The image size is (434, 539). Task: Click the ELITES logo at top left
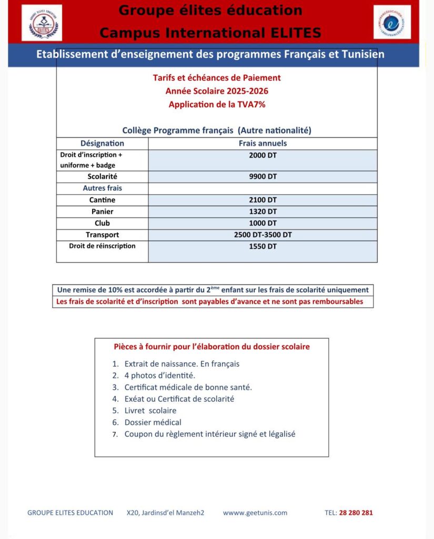[x=42, y=23]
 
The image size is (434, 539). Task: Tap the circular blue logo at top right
[x=392, y=22]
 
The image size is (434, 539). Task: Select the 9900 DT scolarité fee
[x=263, y=177]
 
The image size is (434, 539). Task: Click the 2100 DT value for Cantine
[x=263, y=200]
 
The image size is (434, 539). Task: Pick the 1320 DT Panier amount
[x=263, y=212]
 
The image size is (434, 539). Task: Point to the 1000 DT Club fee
[x=263, y=223]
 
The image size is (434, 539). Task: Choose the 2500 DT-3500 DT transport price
[x=263, y=235]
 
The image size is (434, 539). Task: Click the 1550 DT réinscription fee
[x=263, y=246]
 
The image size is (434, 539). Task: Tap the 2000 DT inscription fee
[x=263, y=156]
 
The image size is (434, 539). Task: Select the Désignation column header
[x=102, y=143]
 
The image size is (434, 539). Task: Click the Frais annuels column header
[x=263, y=143]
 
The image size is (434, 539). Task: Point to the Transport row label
[x=102, y=235]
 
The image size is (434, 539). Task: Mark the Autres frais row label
[x=102, y=188]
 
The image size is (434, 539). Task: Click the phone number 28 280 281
[x=356, y=513]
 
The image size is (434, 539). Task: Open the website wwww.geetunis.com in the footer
[x=255, y=513]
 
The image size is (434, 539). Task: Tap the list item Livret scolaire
[x=150, y=411]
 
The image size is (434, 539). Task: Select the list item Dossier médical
[x=153, y=422]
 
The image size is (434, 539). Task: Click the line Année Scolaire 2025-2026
[x=217, y=91]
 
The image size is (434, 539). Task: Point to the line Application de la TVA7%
[x=217, y=105]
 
